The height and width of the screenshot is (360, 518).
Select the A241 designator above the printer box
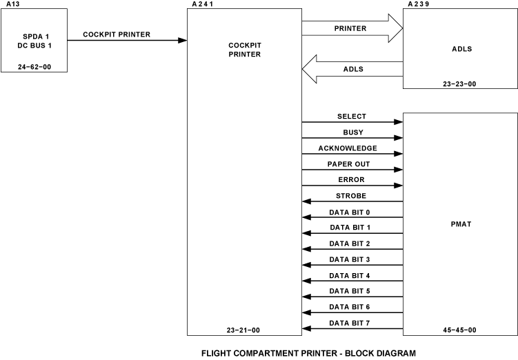[x=201, y=4]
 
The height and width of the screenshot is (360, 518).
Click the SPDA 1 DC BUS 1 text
[x=34, y=41]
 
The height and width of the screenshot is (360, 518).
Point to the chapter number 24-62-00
[x=34, y=68]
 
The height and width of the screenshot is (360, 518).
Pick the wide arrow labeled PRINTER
[x=352, y=29]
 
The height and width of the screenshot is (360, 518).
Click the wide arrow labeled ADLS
[x=352, y=69]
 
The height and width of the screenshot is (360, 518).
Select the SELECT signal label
[x=352, y=117]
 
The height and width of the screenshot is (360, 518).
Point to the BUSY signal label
[x=352, y=132]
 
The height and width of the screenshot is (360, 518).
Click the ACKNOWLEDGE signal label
[x=348, y=148]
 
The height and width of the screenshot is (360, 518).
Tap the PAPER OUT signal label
[x=348, y=164]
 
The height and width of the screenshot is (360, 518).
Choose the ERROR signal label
[x=351, y=180]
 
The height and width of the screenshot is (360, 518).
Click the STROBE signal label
[x=352, y=196]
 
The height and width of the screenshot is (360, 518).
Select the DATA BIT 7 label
[x=350, y=323]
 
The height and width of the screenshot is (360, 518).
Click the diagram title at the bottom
[x=308, y=353]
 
